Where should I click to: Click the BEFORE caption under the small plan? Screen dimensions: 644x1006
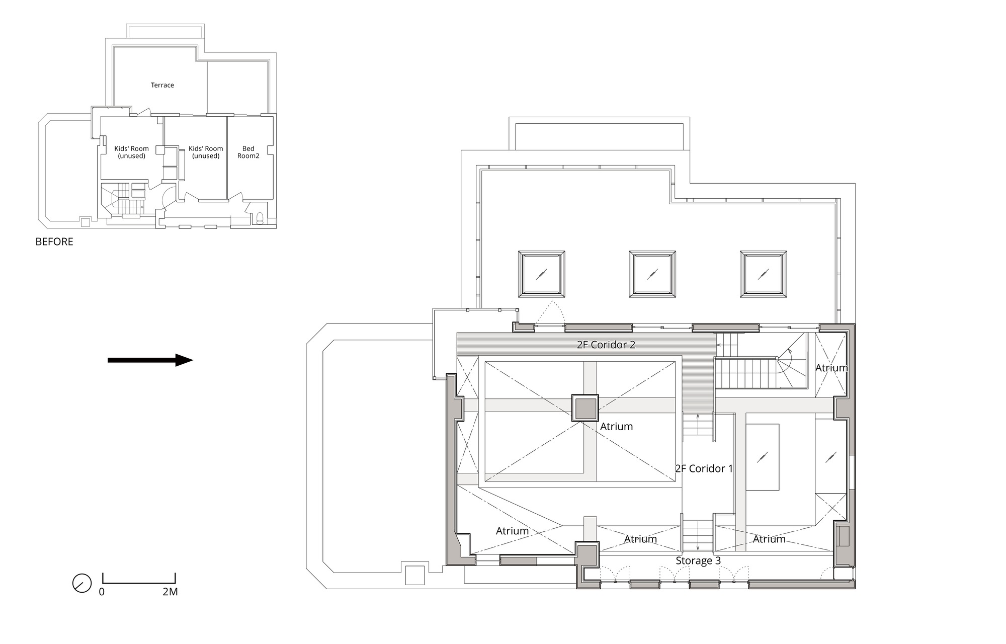(x=54, y=242)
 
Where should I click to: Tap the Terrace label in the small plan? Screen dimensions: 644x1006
(x=162, y=85)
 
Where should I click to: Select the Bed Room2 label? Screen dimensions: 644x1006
(x=248, y=152)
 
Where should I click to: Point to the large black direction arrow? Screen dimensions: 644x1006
(x=150, y=360)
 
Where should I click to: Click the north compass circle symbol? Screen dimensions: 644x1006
(x=82, y=583)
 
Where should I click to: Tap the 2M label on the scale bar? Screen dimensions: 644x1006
(x=170, y=592)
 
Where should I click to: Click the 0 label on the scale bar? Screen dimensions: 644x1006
(x=102, y=592)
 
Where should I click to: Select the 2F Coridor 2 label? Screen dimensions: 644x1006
(x=606, y=345)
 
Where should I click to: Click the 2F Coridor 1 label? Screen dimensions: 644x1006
(x=704, y=469)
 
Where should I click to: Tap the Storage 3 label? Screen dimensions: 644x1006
(x=698, y=561)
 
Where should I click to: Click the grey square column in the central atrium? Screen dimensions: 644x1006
(x=585, y=408)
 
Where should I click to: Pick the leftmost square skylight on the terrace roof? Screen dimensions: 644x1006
(x=541, y=274)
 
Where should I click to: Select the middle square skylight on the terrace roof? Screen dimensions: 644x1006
(x=652, y=274)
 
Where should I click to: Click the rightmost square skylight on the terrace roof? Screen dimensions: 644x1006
(x=763, y=274)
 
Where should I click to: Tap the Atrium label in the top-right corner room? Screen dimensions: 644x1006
(x=831, y=368)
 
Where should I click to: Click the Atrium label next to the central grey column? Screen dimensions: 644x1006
(x=616, y=427)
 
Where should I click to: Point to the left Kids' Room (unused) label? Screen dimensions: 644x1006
(x=131, y=152)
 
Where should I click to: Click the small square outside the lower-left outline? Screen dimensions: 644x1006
(x=415, y=575)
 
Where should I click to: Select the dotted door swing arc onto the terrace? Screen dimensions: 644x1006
(x=551, y=312)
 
